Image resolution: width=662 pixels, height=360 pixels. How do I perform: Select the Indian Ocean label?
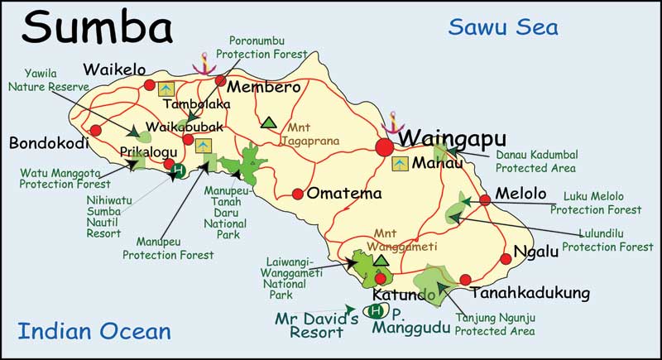[x=94, y=332]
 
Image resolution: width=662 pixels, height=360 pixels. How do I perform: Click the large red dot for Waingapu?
[x=385, y=147]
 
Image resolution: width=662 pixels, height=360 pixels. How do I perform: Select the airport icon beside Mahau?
[x=400, y=163]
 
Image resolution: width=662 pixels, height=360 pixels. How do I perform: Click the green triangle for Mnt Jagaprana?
[x=267, y=123]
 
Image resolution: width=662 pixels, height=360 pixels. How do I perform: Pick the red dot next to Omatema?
[x=297, y=194]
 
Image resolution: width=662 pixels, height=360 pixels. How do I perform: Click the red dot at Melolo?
[x=485, y=199]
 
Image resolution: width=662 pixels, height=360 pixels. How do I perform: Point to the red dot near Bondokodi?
[x=95, y=130]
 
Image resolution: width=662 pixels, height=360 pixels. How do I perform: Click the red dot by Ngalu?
[x=507, y=257]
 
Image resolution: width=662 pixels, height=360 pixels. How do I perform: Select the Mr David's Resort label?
[x=316, y=324]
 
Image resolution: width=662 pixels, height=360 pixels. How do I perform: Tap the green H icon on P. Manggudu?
[x=377, y=311]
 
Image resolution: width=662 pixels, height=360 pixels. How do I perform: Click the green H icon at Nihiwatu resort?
[x=178, y=172]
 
